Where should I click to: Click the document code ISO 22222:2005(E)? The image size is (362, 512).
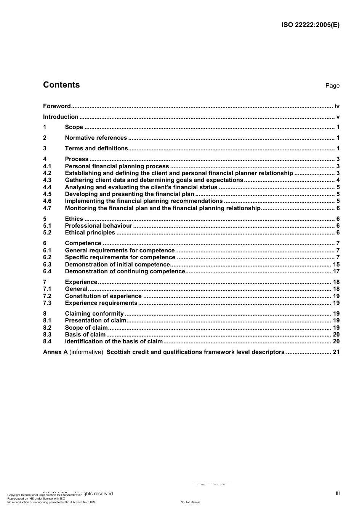click(x=310, y=25)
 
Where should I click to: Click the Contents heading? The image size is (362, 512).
click(x=61, y=85)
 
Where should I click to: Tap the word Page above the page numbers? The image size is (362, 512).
click(x=332, y=86)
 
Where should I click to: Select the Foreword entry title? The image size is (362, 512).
click(x=57, y=106)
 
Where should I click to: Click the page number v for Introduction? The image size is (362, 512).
click(x=338, y=117)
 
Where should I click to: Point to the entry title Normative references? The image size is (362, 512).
click(x=96, y=138)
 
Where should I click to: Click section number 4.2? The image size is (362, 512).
click(x=47, y=173)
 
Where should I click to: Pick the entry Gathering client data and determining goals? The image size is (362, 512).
click(x=154, y=180)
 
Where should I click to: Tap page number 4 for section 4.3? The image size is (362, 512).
click(x=338, y=180)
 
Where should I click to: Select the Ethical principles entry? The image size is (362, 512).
click(x=90, y=233)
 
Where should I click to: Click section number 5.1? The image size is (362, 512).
click(x=47, y=226)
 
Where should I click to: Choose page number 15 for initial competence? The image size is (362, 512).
click(x=336, y=265)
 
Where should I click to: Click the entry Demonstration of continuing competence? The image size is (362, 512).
click(x=125, y=271)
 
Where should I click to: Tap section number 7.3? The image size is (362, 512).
click(x=47, y=303)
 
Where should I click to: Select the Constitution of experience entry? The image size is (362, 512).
click(x=103, y=296)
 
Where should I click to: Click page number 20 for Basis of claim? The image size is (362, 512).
click(x=336, y=335)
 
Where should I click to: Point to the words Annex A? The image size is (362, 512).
click(x=55, y=352)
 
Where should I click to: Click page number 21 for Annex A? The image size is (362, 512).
click(x=336, y=352)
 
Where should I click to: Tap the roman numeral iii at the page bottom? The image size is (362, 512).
click(x=338, y=493)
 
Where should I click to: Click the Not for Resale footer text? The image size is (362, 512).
click(x=190, y=502)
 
